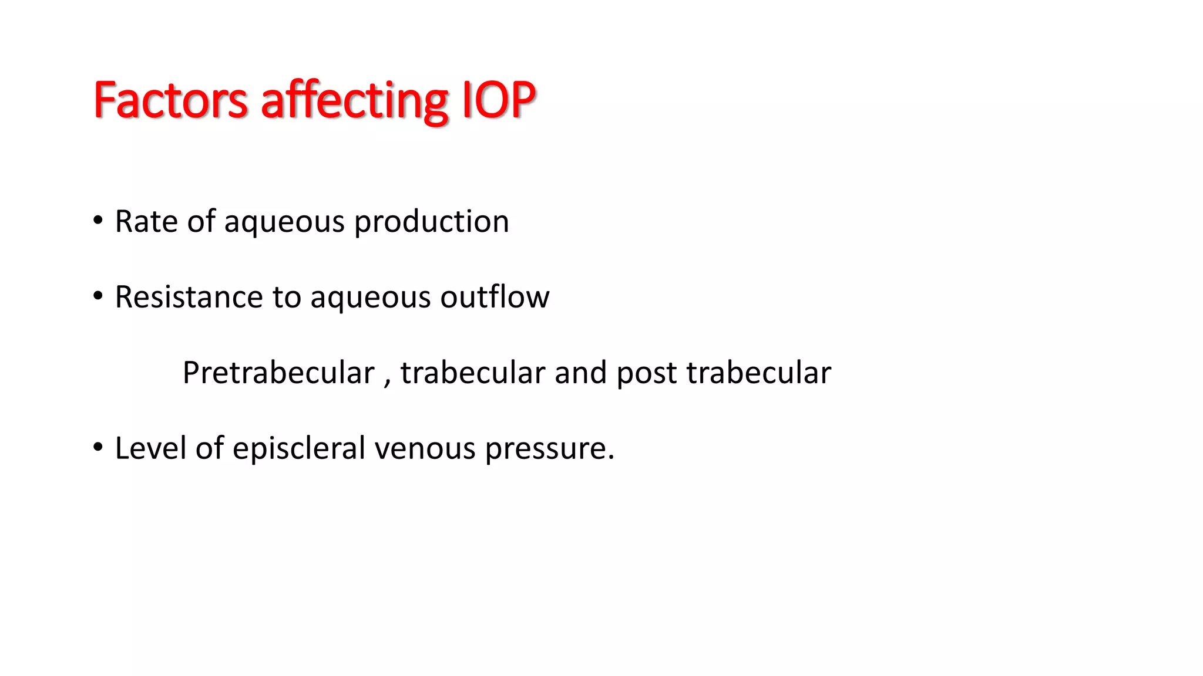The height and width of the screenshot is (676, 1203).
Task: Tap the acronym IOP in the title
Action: (x=499, y=100)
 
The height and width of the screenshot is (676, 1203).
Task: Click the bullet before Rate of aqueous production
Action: (x=98, y=221)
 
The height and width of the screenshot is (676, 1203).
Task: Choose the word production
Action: (x=432, y=223)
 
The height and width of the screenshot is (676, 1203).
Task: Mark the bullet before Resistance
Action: (x=98, y=296)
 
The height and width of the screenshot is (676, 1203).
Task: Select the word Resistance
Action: (x=189, y=297)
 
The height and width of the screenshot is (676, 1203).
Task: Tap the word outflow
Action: (x=495, y=297)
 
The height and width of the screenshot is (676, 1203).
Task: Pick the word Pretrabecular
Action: (x=278, y=373)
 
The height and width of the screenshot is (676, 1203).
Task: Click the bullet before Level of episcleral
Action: (x=98, y=448)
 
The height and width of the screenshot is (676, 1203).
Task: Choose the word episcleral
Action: (x=299, y=449)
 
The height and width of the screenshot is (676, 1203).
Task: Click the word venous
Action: (x=425, y=449)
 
